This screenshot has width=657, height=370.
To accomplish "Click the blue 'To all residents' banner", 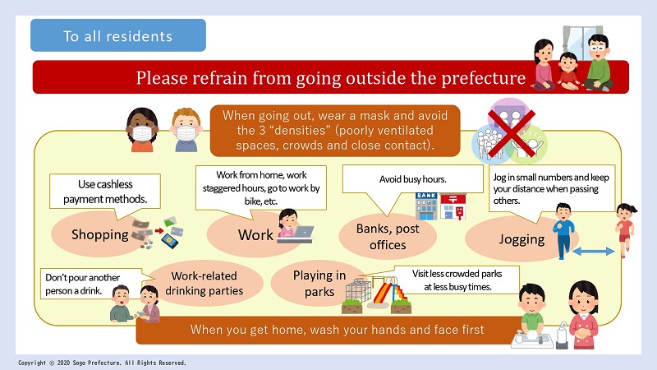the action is (118, 35).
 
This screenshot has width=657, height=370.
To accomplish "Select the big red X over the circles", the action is (512, 133).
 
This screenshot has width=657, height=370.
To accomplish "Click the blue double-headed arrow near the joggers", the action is (593, 252).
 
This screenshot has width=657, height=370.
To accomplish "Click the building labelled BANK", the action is (426, 206).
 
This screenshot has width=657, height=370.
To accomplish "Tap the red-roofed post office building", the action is (453, 206).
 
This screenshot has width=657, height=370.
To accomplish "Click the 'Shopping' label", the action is (99, 234).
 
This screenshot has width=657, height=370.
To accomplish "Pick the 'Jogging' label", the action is (521, 239).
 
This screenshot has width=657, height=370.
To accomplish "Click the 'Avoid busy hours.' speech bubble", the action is (412, 189).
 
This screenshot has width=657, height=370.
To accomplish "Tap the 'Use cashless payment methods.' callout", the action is (105, 196).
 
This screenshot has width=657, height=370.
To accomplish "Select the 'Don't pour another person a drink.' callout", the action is (93, 284).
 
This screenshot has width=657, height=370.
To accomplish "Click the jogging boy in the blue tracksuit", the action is (563, 231).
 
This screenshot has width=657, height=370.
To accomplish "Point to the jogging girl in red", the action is (625, 229).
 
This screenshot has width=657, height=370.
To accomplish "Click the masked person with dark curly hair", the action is (142, 130).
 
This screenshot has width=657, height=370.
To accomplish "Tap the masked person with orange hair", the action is (186, 130).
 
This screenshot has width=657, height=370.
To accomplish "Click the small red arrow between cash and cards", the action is (159, 230).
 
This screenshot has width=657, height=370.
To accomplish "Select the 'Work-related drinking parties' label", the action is (204, 283).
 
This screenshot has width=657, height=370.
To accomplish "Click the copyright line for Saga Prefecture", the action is (102, 363).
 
